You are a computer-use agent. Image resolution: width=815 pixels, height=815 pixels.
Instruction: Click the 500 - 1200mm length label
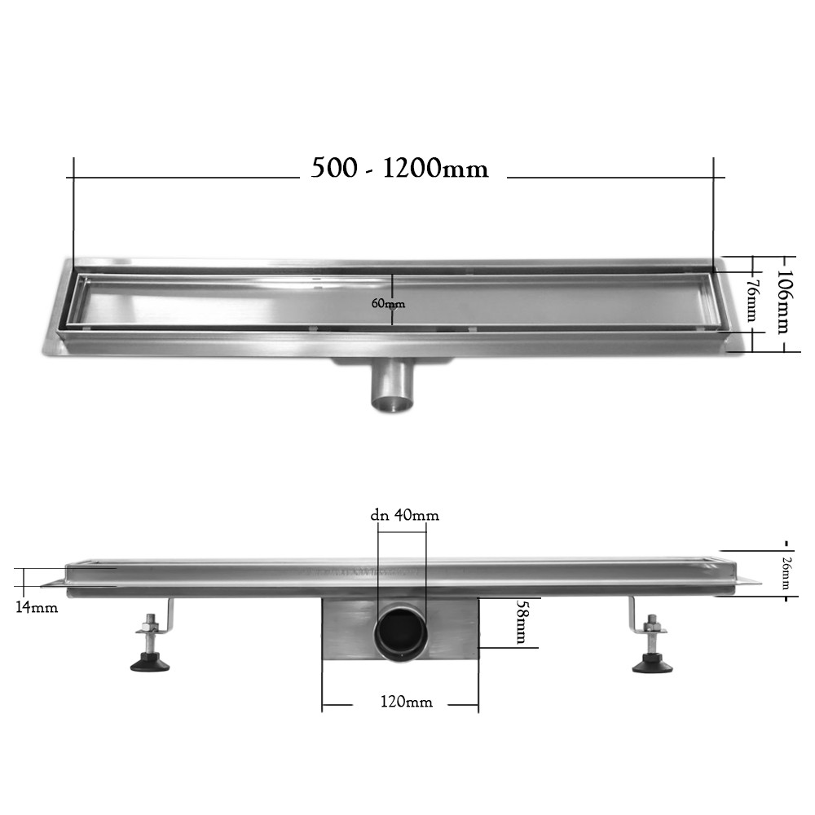click(400, 169)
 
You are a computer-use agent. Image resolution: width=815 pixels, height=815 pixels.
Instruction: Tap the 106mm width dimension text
click(782, 302)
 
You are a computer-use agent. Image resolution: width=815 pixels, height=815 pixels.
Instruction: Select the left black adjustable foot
click(152, 663)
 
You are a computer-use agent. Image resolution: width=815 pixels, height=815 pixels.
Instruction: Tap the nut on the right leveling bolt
click(651, 627)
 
